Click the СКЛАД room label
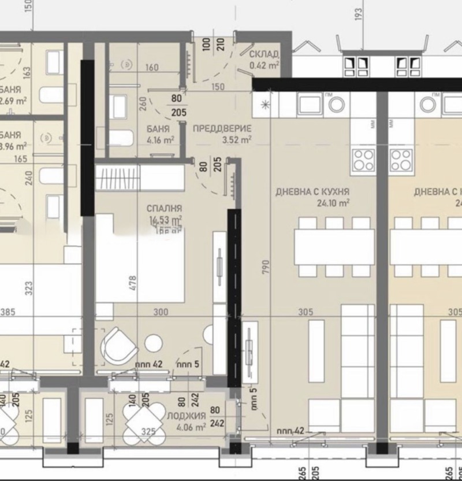(x=264, y=54)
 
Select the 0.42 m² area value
(x=264, y=65)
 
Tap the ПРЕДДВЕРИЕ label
(x=222, y=128)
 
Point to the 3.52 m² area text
(x=237, y=139)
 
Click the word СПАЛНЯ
(x=165, y=208)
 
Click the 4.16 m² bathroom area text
(x=161, y=139)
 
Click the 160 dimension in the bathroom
(x=152, y=68)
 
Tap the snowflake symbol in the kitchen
(x=265, y=105)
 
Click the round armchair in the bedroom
(x=118, y=346)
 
